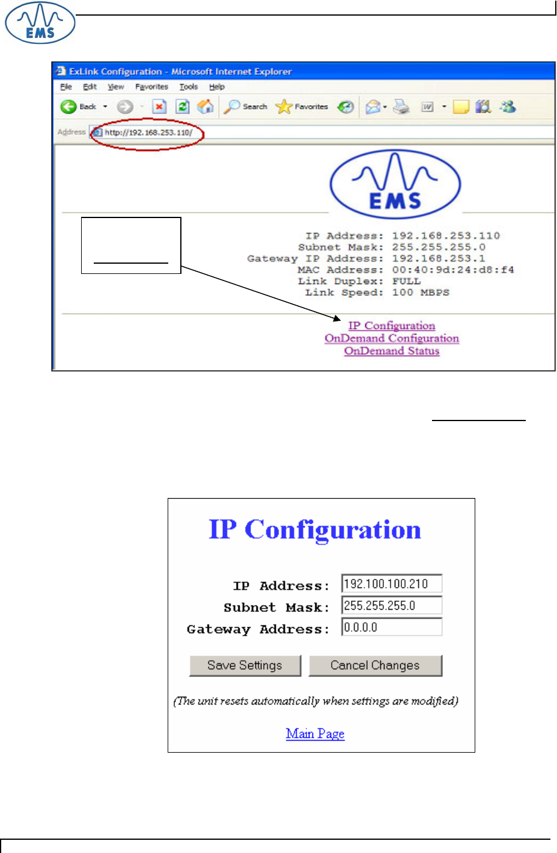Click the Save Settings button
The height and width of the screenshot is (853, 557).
tap(245, 666)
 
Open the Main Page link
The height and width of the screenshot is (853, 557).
tap(315, 733)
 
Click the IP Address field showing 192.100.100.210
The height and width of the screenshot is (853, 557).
tap(391, 584)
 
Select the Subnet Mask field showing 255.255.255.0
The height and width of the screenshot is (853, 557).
tap(391, 606)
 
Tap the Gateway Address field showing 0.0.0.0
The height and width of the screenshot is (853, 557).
tap(391, 627)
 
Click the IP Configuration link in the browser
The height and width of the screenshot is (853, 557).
tap(392, 326)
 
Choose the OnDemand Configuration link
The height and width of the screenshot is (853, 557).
tap(392, 338)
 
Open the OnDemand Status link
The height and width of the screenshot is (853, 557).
tap(392, 351)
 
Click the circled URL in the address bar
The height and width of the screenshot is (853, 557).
tap(148, 132)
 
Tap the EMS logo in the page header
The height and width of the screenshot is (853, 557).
tap(40, 23)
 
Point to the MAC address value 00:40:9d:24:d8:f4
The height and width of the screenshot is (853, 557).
tap(453, 270)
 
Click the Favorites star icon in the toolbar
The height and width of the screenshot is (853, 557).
tap(283, 107)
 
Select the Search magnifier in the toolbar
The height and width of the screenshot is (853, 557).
tap(232, 107)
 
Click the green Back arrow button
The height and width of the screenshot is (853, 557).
tap(68, 107)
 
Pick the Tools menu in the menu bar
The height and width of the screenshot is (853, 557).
tap(188, 87)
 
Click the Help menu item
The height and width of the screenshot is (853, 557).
tap(216, 87)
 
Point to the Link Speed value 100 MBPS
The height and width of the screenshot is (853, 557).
tap(421, 293)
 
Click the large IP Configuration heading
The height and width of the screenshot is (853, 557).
tap(315, 530)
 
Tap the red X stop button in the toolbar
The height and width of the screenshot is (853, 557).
tap(159, 107)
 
